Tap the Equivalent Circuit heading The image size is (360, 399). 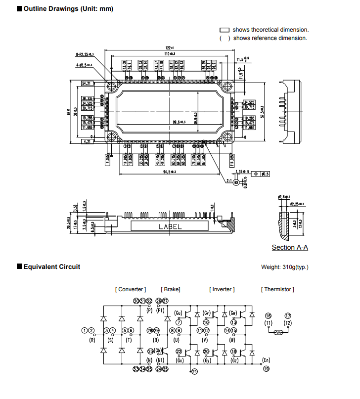click(51, 267)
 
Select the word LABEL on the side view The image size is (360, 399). click(170, 226)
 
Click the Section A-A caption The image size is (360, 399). click(290, 248)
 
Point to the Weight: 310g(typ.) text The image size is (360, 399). click(284, 267)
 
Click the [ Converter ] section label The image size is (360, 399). click(130, 289)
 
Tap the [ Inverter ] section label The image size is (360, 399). click(222, 289)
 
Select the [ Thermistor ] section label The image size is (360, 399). click(277, 289)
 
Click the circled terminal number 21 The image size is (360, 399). click(194, 372)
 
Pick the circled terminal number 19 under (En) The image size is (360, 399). click(267, 369)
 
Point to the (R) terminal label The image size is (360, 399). click(91, 340)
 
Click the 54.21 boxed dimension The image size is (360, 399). click(88, 83)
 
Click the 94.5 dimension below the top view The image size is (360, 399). click(170, 172)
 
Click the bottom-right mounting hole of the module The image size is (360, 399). click(227, 137)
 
